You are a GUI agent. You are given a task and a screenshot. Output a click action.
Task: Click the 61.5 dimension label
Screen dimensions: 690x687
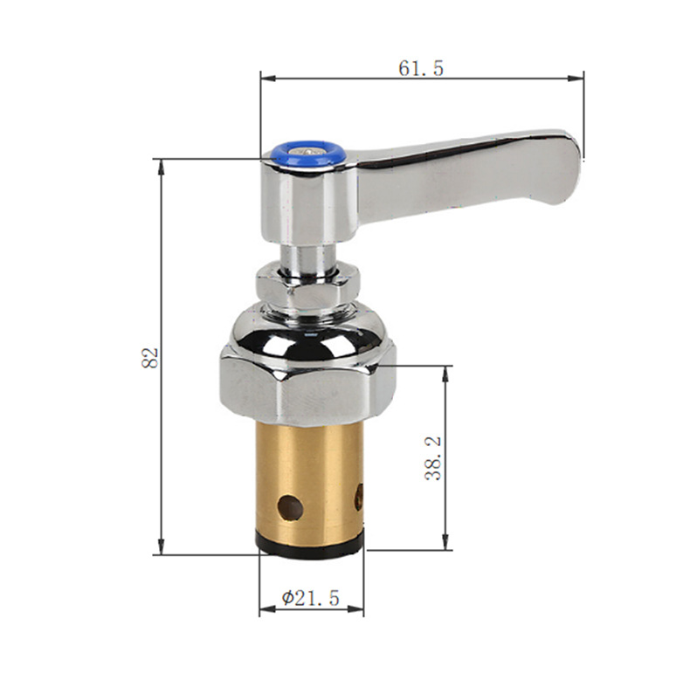click(421, 68)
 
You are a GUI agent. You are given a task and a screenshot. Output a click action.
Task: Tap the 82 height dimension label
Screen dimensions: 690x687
click(150, 358)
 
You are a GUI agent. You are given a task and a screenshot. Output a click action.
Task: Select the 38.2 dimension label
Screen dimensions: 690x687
click(433, 458)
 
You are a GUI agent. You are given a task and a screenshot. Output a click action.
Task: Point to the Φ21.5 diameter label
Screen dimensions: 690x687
click(311, 598)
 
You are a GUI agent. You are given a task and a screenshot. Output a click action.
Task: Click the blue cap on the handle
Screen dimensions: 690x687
click(307, 155)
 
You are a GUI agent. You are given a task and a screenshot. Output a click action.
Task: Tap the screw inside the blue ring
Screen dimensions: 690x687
click(307, 152)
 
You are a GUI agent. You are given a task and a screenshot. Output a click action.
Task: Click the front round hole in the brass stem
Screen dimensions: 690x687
click(290, 507)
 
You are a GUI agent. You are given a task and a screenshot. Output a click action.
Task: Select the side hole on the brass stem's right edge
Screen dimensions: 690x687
click(359, 498)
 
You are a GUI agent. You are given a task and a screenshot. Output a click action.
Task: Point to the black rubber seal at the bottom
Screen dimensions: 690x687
click(310, 545)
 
